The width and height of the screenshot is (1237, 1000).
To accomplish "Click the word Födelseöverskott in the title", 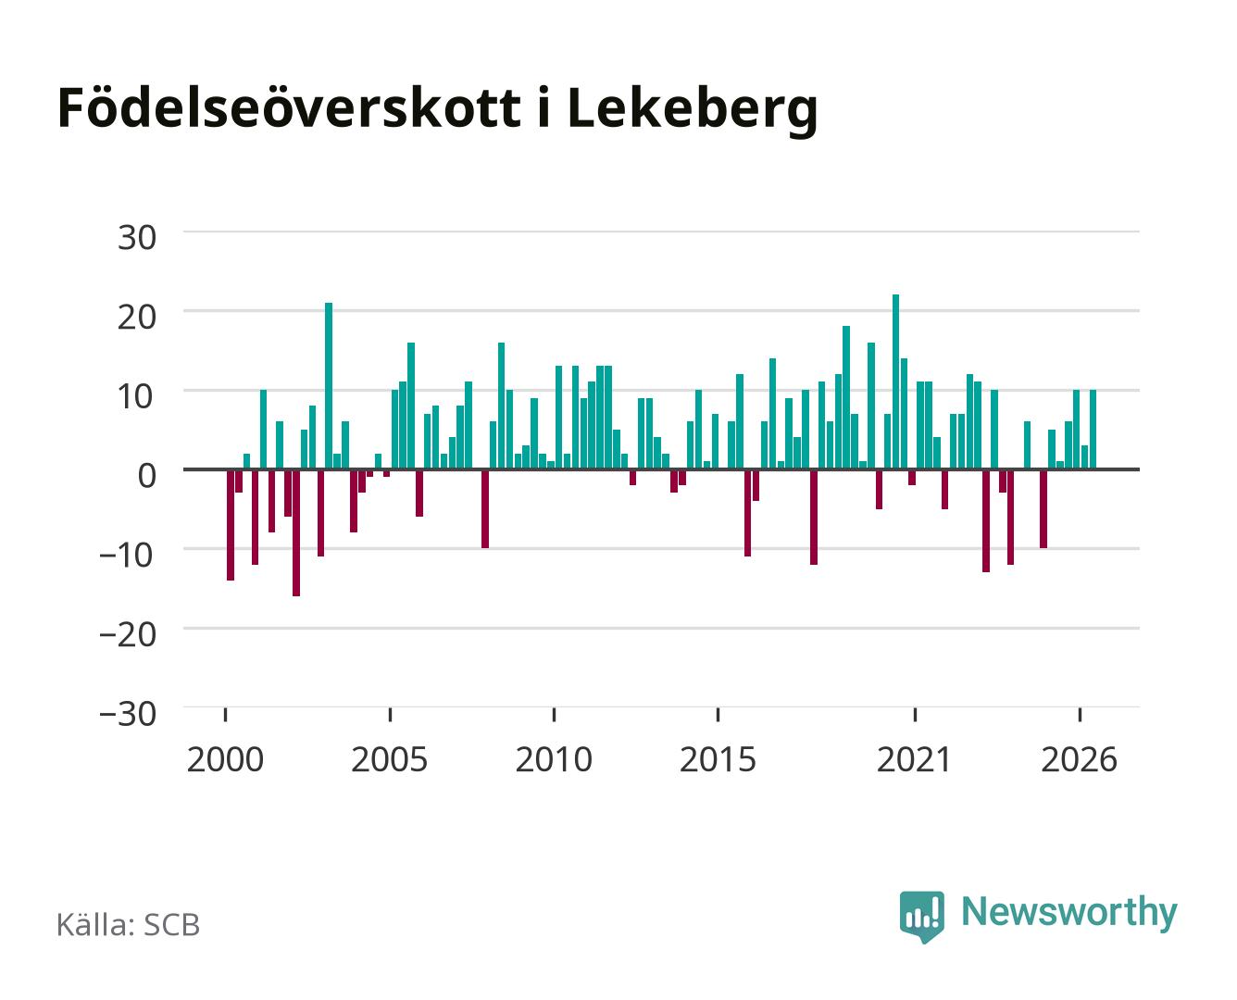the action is [289, 107].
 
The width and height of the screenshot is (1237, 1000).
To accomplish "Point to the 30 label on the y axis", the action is [136, 238].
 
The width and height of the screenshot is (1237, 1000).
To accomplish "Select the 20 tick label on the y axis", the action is [136, 317].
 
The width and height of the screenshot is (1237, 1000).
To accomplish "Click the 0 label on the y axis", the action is [147, 476].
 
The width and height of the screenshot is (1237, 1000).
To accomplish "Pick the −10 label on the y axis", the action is [127, 556].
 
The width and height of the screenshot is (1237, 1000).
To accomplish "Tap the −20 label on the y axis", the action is [127, 634].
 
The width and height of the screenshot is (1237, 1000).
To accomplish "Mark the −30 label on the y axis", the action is [127, 714].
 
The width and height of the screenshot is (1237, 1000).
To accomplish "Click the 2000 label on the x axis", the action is [225, 759].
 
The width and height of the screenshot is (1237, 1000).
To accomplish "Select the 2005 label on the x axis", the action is [389, 759].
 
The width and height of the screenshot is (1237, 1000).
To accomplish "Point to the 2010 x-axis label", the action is [554, 759].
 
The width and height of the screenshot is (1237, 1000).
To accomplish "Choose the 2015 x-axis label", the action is [718, 759].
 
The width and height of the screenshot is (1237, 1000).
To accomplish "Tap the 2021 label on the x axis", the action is [914, 759].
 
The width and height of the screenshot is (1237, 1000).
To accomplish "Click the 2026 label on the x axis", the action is [1079, 759].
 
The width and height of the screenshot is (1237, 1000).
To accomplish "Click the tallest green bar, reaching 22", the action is [895, 381].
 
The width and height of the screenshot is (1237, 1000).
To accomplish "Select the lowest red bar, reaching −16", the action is [296, 532].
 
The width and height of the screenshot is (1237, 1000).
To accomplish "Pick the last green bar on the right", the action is [1093, 429].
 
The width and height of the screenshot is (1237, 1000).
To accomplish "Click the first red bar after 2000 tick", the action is [231, 524].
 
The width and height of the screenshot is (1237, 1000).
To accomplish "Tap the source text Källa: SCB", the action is [128, 924].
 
